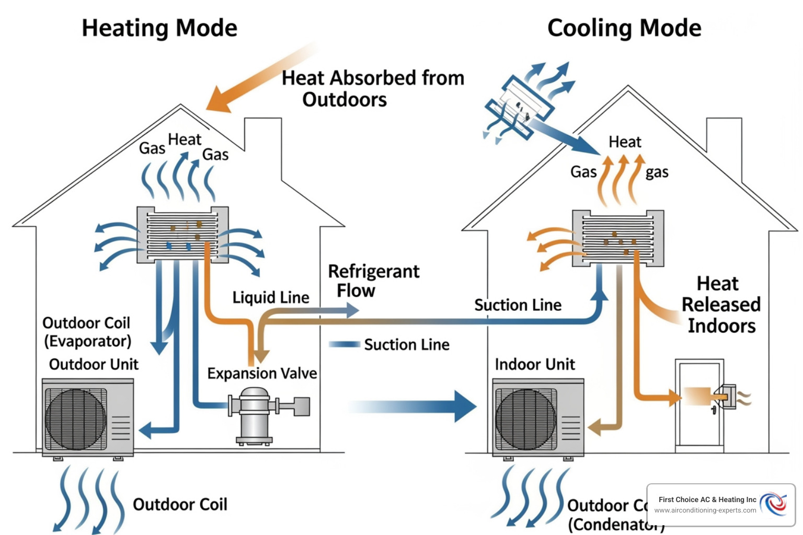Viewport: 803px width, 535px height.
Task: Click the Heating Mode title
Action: [x=159, y=28]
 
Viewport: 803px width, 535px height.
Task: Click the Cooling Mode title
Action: [x=624, y=28]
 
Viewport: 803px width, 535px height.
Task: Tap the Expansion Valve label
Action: [x=262, y=373]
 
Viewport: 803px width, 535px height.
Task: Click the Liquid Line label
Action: [x=271, y=297]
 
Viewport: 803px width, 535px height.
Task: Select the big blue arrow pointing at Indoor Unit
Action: [x=418, y=406]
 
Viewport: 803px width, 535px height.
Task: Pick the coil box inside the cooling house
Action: [x=618, y=239]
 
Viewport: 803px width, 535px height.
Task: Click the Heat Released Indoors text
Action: [x=720, y=305]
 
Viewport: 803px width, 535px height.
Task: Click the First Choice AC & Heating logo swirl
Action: [x=773, y=504]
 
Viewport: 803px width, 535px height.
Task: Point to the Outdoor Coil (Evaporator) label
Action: [x=87, y=332]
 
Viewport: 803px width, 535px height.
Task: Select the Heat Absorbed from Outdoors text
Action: [x=372, y=88]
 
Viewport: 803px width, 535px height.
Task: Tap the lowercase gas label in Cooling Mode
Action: [x=657, y=172]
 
